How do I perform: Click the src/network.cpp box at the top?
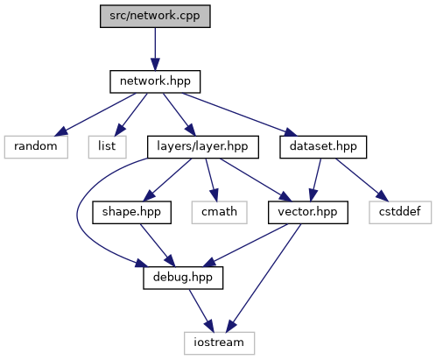click(x=155, y=16)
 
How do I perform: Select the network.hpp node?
click(x=155, y=81)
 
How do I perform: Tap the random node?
click(x=36, y=147)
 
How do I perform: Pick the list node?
click(x=107, y=147)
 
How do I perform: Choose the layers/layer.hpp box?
click(x=203, y=147)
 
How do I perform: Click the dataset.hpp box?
click(x=323, y=147)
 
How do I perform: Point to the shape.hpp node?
click(x=131, y=212)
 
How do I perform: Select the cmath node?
click(x=219, y=212)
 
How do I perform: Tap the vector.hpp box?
click(x=308, y=212)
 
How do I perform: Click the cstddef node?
click(x=400, y=212)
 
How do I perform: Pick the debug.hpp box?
click(x=183, y=278)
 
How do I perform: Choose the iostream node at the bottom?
click(x=219, y=343)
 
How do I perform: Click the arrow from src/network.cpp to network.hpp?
click(x=155, y=49)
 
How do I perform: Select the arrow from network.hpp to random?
click(x=95, y=115)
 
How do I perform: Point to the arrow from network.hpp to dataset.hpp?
click(x=239, y=115)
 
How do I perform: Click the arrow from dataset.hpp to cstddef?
click(x=362, y=180)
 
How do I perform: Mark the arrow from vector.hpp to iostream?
click(x=264, y=278)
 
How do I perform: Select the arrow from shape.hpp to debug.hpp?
click(x=158, y=245)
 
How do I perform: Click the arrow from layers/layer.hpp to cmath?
click(x=212, y=180)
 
